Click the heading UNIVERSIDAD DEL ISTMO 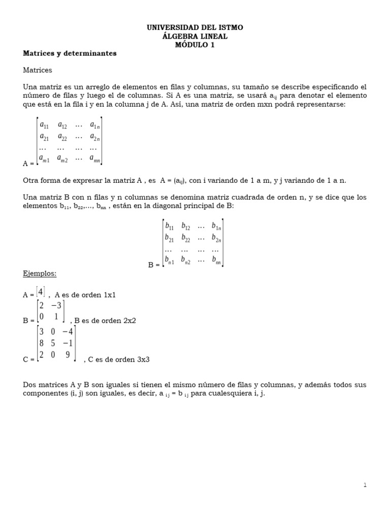[x=195, y=28]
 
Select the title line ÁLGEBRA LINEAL [x=195, y=37]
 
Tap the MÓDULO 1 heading [x=195, y=45]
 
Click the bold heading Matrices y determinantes [x=70, y=53]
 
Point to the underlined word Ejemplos [x=40, y=274]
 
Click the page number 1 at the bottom [x=365, y=485]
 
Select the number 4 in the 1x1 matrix [x=40, y=291]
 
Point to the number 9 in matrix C [x=67, y=354]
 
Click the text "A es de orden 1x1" [x=85, y=295]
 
